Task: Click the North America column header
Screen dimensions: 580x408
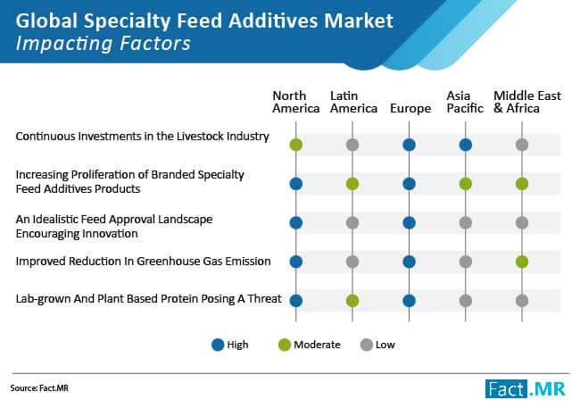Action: tap(296, 102)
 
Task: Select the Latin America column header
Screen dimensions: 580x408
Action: tap(353, 102)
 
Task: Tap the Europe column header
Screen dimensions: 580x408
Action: tap(410, 109)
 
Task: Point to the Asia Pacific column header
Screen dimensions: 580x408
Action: tap(465, 102)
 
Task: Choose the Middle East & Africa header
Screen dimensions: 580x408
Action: tap(527, 102)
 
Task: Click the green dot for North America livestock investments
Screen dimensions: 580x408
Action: tap(296, 145)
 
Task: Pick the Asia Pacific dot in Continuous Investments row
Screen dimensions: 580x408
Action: tap(465, 145)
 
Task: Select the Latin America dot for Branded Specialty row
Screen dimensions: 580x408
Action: tap(352, 184)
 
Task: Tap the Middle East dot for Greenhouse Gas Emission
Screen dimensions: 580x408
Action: tap(522, 262)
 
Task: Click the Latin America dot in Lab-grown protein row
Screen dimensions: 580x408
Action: tap(352, 301)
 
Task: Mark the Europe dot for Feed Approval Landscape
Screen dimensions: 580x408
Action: tap(409, 223)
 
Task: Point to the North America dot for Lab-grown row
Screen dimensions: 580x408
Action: tap(296, 301)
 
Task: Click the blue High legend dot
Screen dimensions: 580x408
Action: tap(218, 345)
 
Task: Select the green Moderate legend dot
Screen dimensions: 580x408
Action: tap(285, 345)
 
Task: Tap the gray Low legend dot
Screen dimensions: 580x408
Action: tap(366, 345)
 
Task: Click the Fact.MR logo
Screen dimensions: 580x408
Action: tap(526, 388)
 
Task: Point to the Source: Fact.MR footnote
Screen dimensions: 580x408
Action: tap(39, 388)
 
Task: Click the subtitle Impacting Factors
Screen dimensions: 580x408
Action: tap(104, 44)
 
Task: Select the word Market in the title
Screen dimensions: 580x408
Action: tap(359, 21)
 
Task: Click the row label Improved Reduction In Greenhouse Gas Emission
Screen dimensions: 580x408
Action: tap(143, 262)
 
